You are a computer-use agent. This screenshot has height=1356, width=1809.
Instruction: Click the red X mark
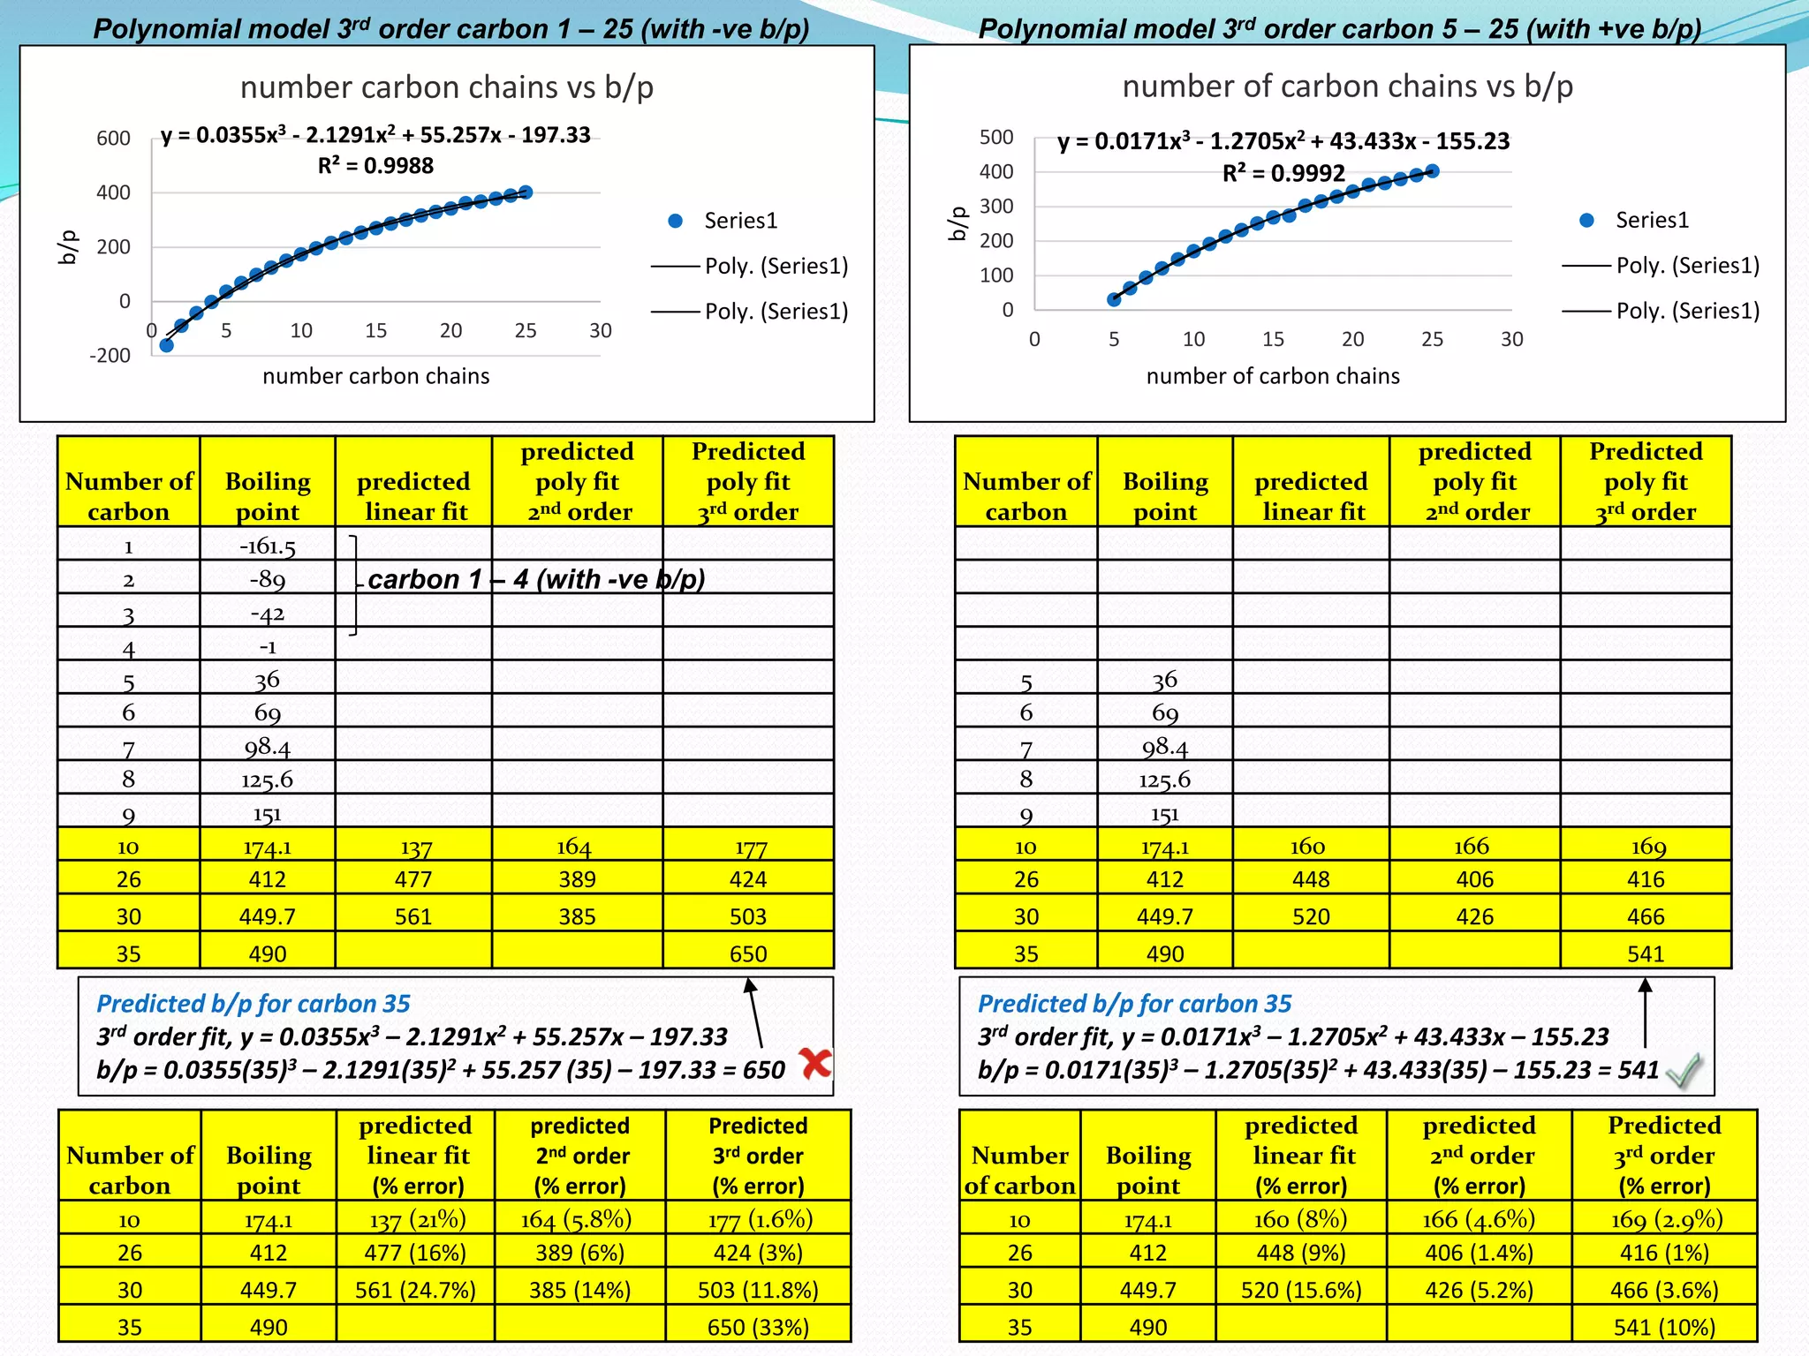pyautogui.click(x=815, y=1063)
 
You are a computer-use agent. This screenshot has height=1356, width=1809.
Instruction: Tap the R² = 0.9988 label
pyautogui.click(x=375, y=166)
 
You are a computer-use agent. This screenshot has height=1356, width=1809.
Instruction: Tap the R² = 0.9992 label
pyautogui.click(x=1283, y=173)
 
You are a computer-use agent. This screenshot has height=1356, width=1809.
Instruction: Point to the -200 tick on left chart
pyautogui.click(x=110, y=356)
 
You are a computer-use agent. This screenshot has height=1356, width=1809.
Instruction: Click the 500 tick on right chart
pyautogui.click(x=996, y=137)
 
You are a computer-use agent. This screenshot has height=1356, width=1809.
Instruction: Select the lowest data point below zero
pyautogui.click(x=166, y=345)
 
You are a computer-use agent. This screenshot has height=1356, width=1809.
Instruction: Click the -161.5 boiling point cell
pyautogui.click(x=267, y=546)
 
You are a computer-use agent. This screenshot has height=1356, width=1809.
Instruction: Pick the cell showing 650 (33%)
pyautogui.click(x=757, y=1327)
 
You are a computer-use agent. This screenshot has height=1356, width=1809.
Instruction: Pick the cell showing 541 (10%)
pyautogui.click(x=1664, y=1327)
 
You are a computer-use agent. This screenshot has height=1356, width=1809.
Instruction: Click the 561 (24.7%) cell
pyautogui.click(x=414, y=1290)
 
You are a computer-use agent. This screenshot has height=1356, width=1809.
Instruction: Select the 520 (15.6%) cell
pyautogui.click(x=1300, y=1290)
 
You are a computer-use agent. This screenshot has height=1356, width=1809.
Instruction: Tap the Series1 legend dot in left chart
pyautogui.click(x=676, y=221)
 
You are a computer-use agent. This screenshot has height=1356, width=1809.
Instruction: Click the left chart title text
pyautogui.click(x=446, y=87)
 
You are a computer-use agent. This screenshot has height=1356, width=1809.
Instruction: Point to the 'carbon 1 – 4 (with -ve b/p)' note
pyautogui.click(x=536, y=579)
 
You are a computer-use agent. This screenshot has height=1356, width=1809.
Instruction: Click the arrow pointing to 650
pyautogui.click(x=753, y=1012)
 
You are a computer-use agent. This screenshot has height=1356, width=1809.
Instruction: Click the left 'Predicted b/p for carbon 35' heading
pyautogui.click(x=253, y=1004)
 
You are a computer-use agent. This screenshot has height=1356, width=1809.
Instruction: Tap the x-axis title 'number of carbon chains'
pyautogui.click(x=1272, y=376)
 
